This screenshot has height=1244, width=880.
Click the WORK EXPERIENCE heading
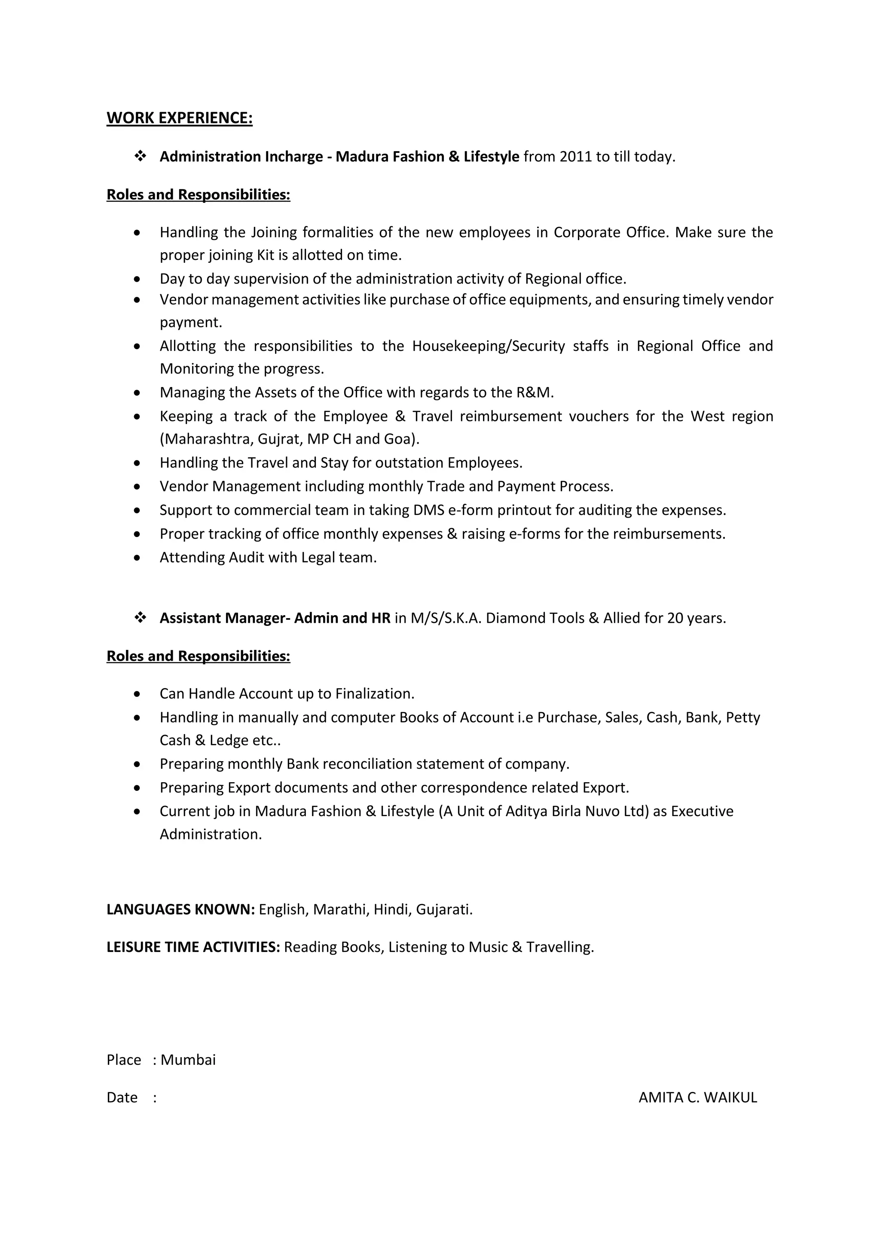point(179,118)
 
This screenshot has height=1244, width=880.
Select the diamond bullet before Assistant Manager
point(141,618)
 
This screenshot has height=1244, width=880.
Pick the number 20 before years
point(675,618)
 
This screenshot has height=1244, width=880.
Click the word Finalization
point(374,694)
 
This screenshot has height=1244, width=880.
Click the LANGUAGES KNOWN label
point(180,910)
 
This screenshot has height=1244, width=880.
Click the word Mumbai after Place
point(188,1060)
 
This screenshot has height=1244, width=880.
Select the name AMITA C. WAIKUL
point(697,1097)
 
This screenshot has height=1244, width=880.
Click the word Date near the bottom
point(122,1097)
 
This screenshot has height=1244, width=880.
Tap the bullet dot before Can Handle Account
point(137,694)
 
